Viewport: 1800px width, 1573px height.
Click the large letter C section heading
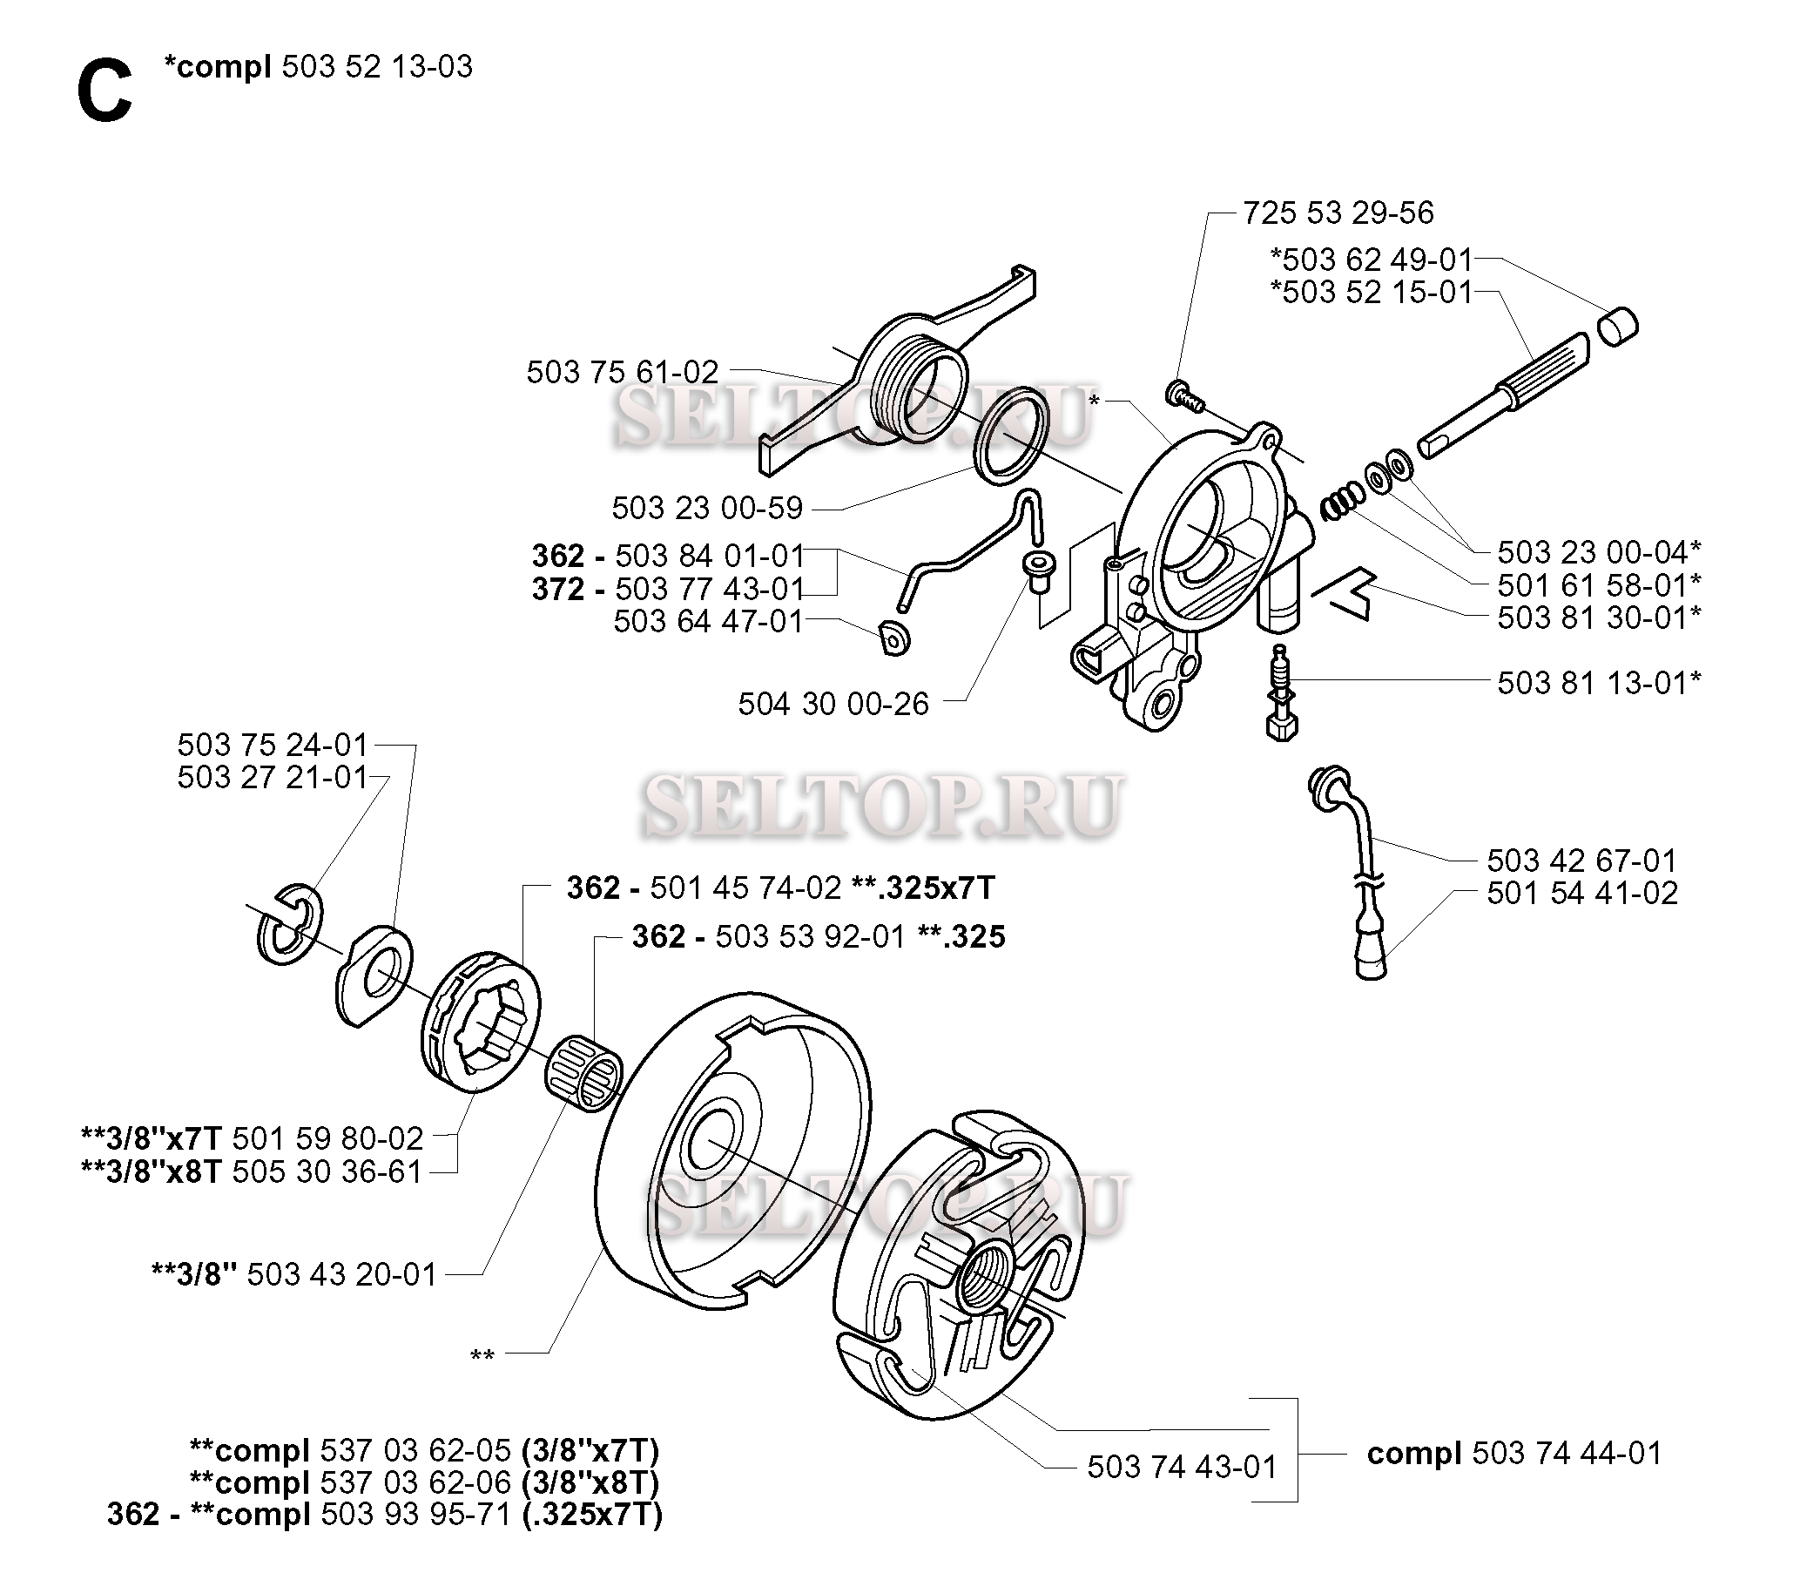coord(104,94)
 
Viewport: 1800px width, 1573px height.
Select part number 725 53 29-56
coord(1338,213)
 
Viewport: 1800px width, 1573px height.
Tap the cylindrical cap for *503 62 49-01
coord(1615,327)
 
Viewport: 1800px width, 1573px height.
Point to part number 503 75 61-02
coord(623,372)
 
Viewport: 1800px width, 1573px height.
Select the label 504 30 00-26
coord(833,704)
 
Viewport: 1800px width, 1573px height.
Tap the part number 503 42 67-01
coord(1581,860)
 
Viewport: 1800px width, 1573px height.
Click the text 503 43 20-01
coord(341,1274)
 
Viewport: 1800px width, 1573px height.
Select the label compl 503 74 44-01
coord(1513,1454)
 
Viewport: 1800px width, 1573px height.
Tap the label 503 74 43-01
coord(1182,1467)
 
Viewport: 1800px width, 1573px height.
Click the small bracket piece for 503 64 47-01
coord(893,638)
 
